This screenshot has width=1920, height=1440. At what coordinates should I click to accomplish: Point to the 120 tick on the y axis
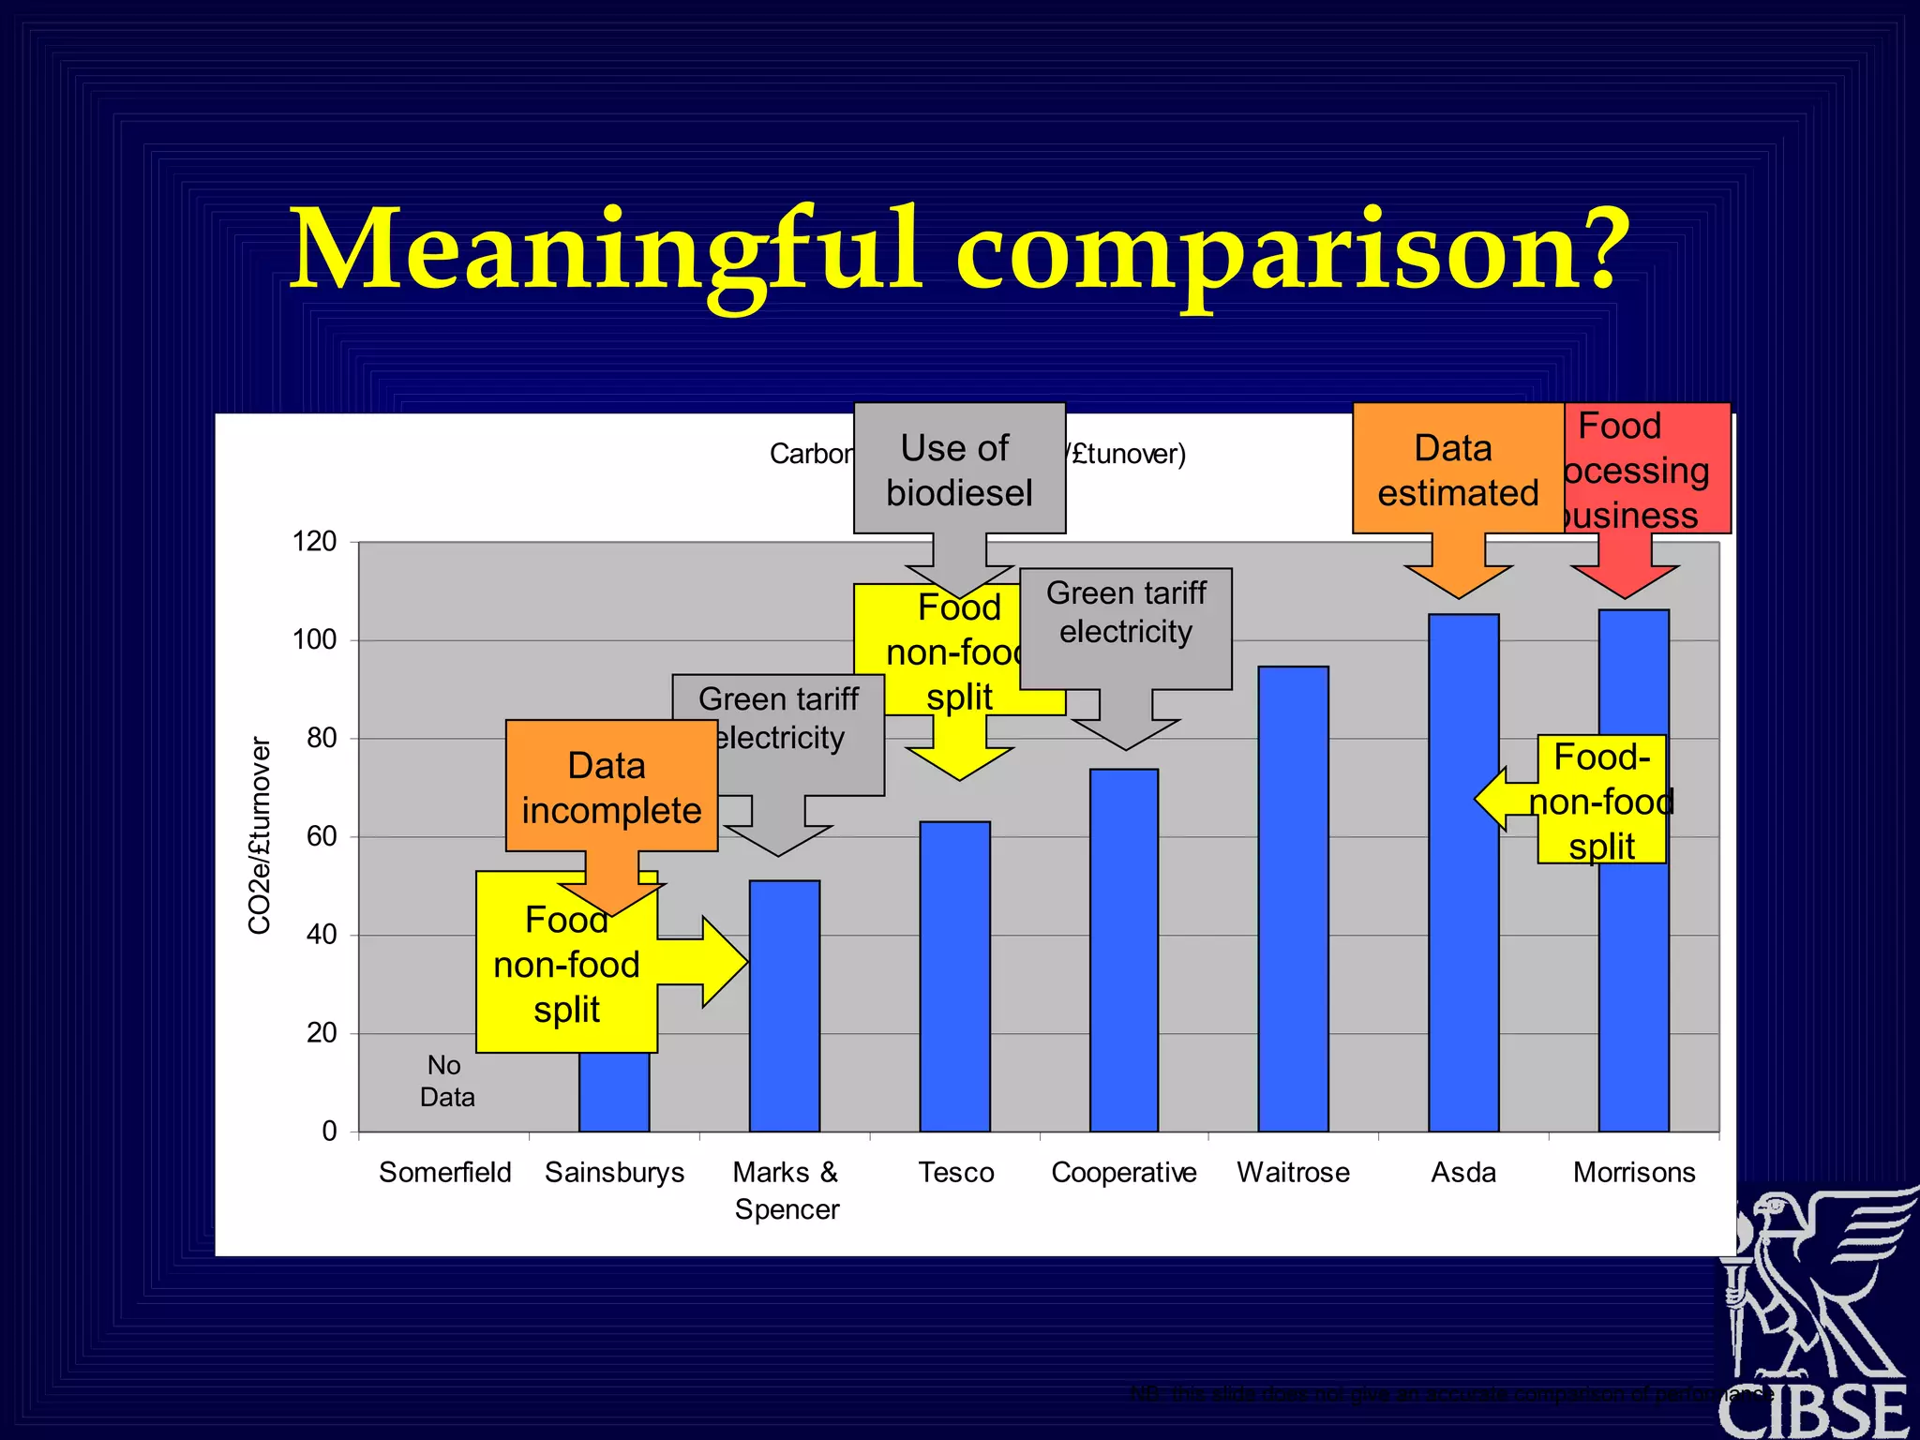click(x=315, y=541)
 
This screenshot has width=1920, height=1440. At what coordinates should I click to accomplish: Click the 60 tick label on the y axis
click(x=322, y=836)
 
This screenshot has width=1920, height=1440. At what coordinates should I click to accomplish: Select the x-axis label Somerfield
click(x=444, y=1172)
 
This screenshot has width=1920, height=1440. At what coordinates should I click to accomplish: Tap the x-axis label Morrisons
click(x=1634, y=1172)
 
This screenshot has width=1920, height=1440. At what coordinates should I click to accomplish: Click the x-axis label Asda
click(x=1462, y=1172)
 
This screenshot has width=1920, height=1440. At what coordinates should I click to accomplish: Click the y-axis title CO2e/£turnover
click(x=260, y=835)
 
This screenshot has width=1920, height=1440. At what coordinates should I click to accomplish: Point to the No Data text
click(x=446, y=1081)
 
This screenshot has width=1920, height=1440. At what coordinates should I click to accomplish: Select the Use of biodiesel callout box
click(x=958, y=470)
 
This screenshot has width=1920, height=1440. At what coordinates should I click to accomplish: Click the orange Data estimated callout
click(x=1457, y=470)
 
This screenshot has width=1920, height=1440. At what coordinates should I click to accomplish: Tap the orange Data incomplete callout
click(x=610, y=787)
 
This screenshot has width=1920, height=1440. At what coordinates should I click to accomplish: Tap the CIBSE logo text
click(x=1813, y=1410)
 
